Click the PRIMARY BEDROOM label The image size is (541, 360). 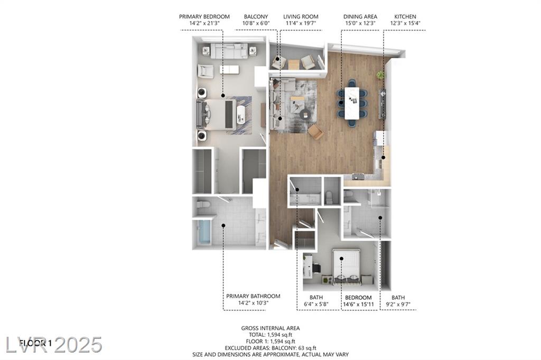[x=204, y=16]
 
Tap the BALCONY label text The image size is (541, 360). [x=256, y=16]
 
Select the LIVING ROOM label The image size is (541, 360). [x=301, y=16]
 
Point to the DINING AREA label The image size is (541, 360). [x=360, y=16]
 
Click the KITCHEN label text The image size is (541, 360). [x=405, y=16]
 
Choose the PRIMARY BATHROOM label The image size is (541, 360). [x=253, y=296]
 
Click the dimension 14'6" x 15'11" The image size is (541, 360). [x=359, y=305]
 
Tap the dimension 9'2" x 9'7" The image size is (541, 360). [x=398, y=305]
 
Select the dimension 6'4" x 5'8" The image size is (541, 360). [x=316, y=305]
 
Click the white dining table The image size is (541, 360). [x=352, y=103]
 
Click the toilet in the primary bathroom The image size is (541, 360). [x=203, y=205]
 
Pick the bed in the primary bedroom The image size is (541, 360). [x=216, y=115]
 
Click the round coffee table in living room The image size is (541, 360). [x=305, y=114]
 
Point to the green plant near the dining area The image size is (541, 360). [x=380, y=75]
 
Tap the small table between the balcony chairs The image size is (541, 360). [x=294, y=64]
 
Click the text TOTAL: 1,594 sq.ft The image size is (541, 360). [x=270, y=335]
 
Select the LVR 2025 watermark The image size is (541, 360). [x=54, y=345]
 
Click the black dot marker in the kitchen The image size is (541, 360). [x=384, y=158]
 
